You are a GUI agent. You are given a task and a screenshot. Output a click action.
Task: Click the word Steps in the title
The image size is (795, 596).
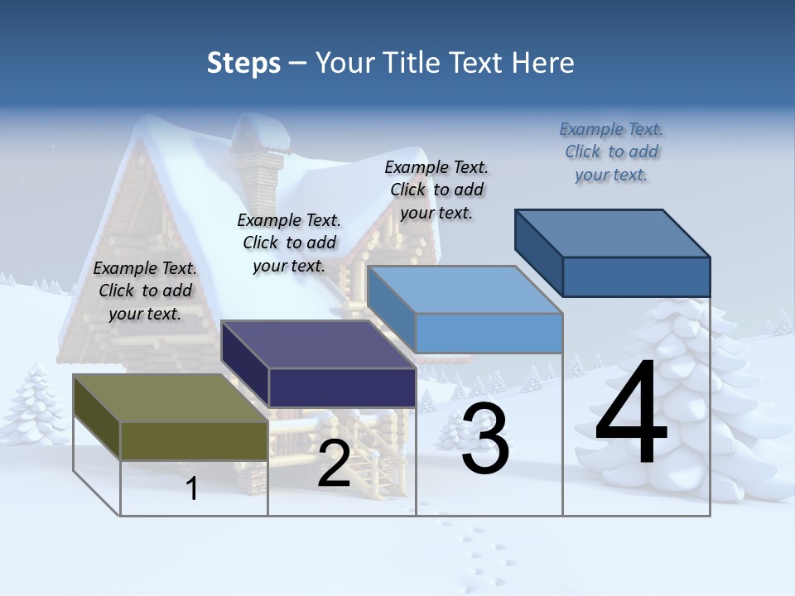coord(243,63)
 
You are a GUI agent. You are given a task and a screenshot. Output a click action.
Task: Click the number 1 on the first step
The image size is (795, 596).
coord(192,488)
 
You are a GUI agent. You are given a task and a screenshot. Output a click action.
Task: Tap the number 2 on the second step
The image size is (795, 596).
coord(334,464)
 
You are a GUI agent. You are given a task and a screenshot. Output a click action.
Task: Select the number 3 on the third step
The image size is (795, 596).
coord(484,439)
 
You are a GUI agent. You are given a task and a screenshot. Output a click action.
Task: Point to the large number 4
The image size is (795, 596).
coord(631,414)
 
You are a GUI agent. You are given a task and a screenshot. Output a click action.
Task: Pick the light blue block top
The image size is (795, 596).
coord(464,290)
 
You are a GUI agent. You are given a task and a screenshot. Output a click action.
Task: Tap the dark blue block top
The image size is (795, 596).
coord(613,233)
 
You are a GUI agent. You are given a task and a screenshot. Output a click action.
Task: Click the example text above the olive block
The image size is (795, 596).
coord(145,291)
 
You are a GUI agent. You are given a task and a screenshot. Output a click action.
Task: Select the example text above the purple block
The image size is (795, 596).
coord(289,243)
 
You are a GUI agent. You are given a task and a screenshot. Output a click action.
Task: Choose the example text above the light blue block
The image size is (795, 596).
coord(436,190)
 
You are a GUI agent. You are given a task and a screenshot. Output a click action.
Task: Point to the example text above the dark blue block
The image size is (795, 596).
coord(611,151)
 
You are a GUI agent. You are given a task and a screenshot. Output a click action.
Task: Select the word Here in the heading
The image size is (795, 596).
coord(543,63)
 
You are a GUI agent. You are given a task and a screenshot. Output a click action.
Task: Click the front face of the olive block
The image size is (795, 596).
coord(194,440)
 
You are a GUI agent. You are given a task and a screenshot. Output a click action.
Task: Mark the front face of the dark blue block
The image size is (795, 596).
coord(636,276)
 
